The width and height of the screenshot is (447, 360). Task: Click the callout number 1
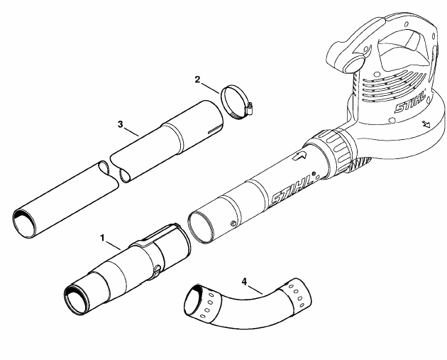103,238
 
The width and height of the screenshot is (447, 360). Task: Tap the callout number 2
197,80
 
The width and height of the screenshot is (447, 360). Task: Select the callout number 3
121,124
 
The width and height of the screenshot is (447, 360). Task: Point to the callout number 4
244,282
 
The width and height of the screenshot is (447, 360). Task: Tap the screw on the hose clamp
250,108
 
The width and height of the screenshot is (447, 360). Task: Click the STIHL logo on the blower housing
410,102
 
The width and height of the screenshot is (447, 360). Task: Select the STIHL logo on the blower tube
292,190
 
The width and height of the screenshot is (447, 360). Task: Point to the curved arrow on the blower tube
299,156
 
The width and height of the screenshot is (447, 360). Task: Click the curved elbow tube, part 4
247,303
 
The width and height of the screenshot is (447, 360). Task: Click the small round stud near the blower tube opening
233,223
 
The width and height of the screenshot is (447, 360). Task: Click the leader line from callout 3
131,131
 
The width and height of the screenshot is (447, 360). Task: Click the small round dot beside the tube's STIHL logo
314,173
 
